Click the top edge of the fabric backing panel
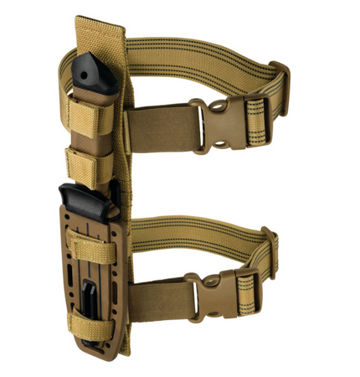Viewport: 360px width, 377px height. click(100, 23)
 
